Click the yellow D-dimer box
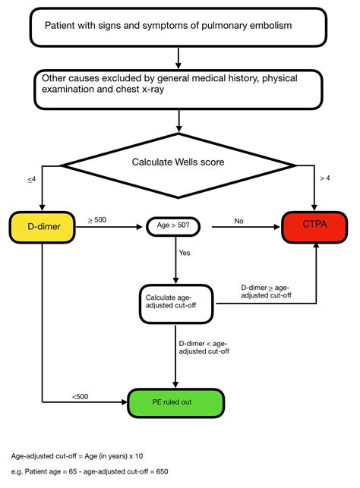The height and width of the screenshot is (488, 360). coord(42,226)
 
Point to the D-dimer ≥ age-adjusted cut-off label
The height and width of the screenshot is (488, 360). coord(266,292)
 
